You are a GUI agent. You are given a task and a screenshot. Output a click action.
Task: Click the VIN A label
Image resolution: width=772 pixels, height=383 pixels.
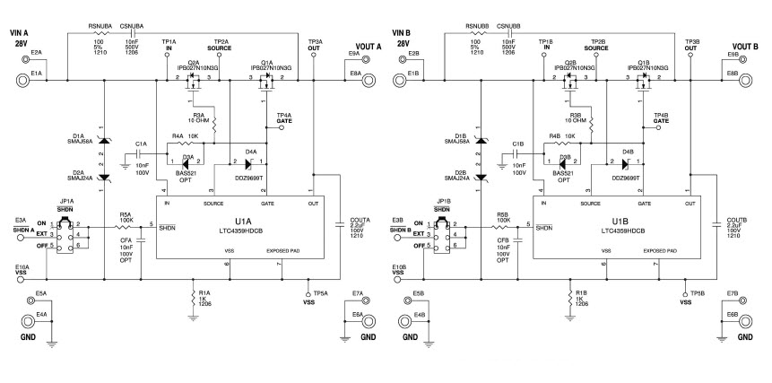tap(20, 37)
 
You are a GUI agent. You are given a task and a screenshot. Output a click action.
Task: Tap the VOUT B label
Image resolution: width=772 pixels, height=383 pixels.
tap(745, 45)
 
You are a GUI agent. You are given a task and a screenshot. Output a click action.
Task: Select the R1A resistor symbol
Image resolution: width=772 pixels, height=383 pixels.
tap(194, 299)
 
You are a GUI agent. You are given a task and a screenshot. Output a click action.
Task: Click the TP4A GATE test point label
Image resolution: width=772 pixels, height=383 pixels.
tap(284, 118)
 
